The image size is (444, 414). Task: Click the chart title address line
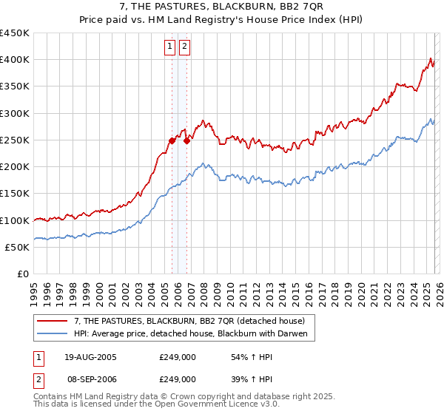coord(222,7)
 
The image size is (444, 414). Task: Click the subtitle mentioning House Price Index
coord(222,20)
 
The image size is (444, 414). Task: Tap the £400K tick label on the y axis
coord(15,60)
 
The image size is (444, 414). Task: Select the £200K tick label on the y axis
coord(15,167)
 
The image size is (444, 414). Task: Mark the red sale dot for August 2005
coord(172,140)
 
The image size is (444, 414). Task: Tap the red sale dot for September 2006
coord(186,140)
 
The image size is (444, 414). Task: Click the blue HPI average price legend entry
coord(195,334)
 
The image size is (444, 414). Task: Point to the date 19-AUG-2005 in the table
coord(90,357)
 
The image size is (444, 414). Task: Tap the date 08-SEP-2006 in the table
coord(90,379)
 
